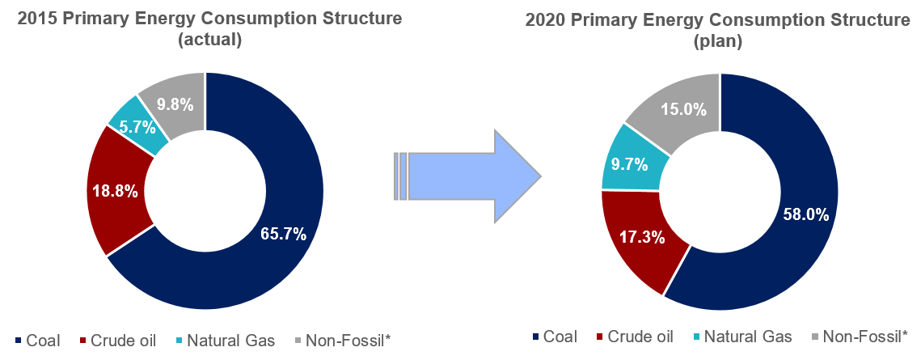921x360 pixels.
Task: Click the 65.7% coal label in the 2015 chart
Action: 283,235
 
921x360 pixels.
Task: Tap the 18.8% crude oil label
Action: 115,190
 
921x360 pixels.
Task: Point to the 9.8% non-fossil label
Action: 175,105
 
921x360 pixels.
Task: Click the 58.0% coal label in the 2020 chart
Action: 805,214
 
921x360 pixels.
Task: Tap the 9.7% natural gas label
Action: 630,164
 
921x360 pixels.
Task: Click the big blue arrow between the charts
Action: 467,176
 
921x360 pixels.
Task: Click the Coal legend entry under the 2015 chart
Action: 37,341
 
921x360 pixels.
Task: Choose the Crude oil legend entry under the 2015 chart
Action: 118,341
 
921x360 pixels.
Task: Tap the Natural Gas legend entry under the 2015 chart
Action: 224,341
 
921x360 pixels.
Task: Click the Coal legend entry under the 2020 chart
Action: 555,337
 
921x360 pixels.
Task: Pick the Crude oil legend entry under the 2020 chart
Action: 636,337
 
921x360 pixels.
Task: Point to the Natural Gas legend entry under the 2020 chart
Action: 742,337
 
